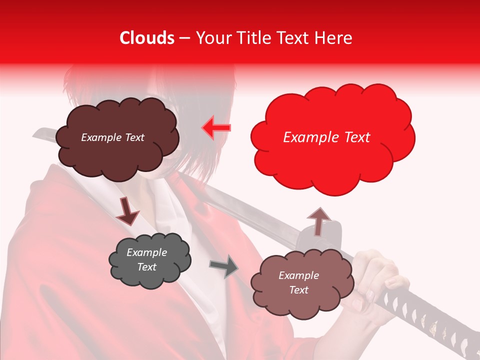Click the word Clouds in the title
click(x=147, y=38)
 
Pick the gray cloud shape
click(x=149, y=259)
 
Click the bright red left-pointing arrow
click(x=216, y=128)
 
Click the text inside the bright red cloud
click(x=326, y=137)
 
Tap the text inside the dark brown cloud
click(x=112, y=137)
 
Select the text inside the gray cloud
click(x=147, y=259)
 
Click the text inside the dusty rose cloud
click(x=298, y=282)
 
